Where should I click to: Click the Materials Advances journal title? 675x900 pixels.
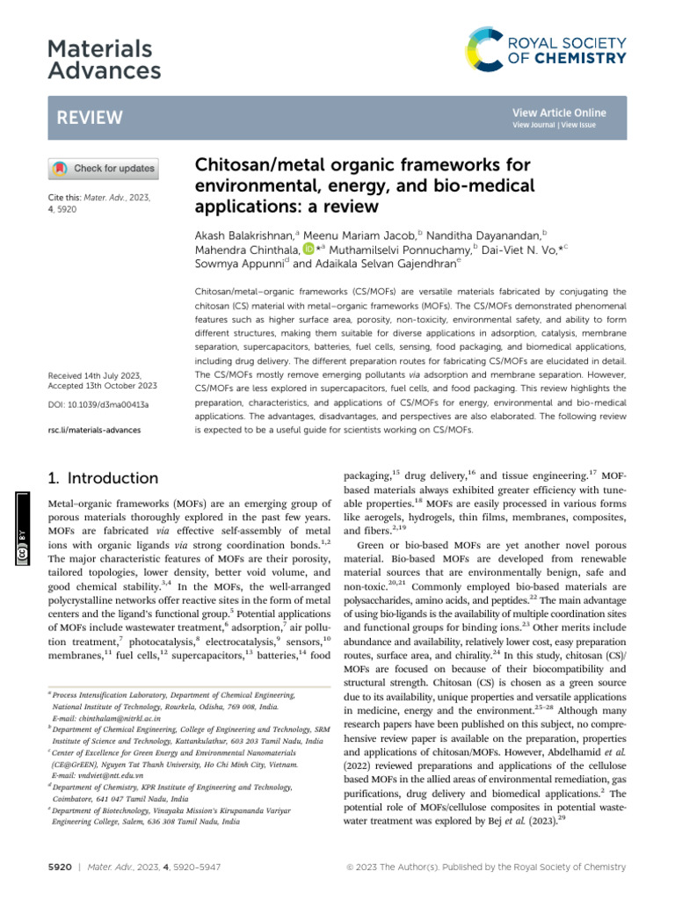click(104, 60)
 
